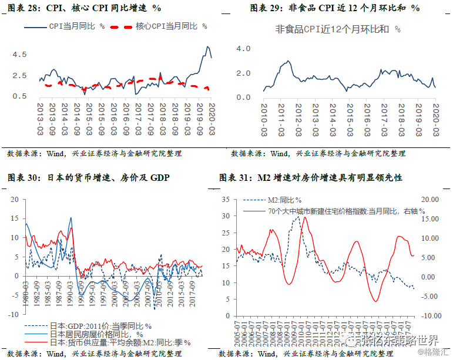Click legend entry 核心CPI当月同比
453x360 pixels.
pyautogui.click(x=170, y=26)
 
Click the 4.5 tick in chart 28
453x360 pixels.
pyautogui.click(x=19, y=55)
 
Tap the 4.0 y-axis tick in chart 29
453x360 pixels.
pyautogui.click(x=243, y=49)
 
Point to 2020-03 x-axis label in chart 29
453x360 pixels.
pyautogui.click(x=435, y=119)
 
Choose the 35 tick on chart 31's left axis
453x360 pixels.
pyautogui.click(x=224, y=200)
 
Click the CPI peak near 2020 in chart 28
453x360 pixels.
pyautogui.click(x=207, y=47)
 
